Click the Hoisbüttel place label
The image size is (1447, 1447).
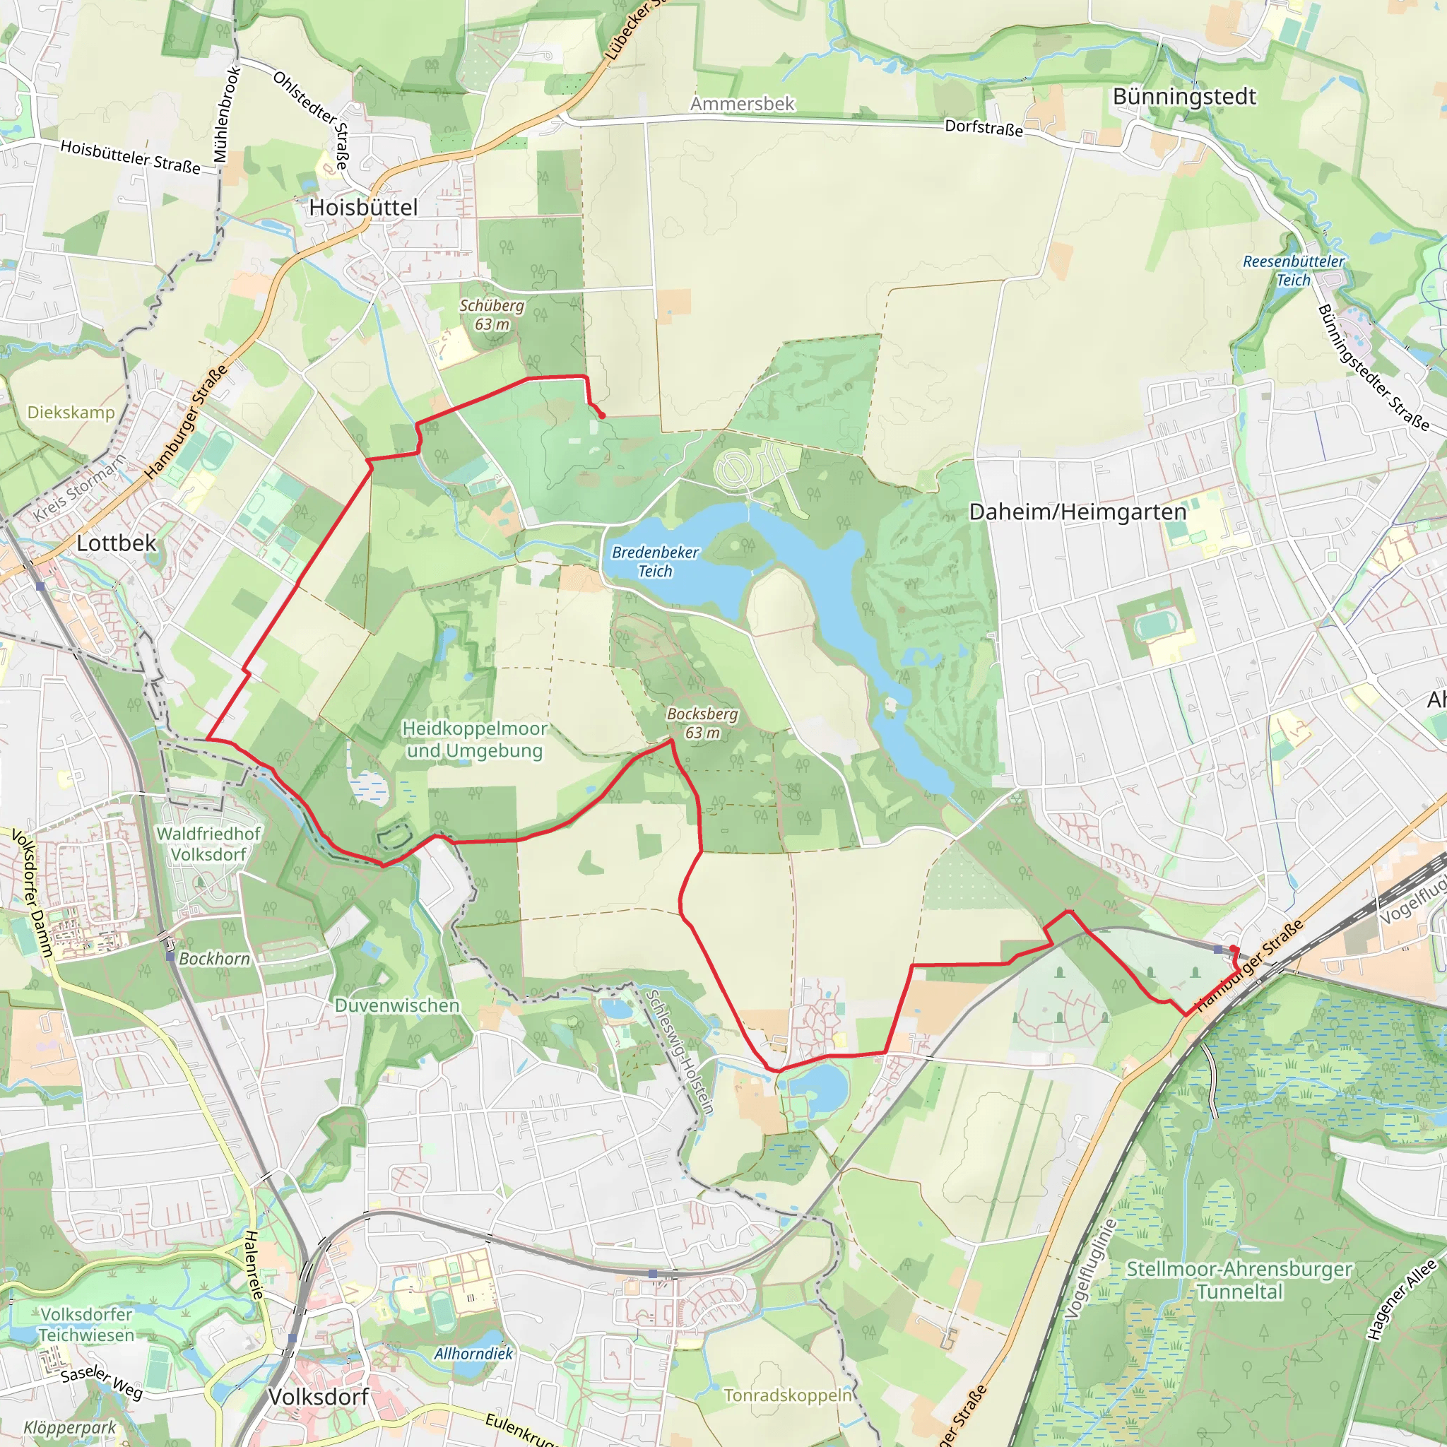pyautogui.click(x=363, y=208)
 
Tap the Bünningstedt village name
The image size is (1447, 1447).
pyautogui.click(x=1184, y=97)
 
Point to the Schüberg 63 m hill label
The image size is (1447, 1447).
pyautogui.click(x=491, y=314)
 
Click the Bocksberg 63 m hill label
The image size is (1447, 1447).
pyautogui.click(x=702, y=723)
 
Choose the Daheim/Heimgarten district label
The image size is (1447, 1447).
pyautogui.click(x=1077, y=512)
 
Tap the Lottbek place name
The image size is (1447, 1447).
pyautogui.click(x=117, y=543)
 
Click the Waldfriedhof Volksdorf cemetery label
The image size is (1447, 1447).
pyautogui.click(x=208, y=844)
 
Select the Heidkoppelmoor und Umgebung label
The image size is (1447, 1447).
pyautogui.click(x=475, y=739)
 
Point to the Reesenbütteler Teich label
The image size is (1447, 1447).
pyautogui.click(x=1294, y=271)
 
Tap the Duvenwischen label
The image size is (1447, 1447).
pyautogui.click(x=397, y=1005)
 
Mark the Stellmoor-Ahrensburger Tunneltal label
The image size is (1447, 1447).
pyautogui.click(x=1239, y=1280)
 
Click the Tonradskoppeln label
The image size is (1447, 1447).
pyautogui.click(x=788, y=1395)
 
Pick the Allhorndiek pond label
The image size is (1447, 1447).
pyautogui.click(x=473, y=1353)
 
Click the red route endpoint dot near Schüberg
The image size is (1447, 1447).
pyautogui.click(x=601, y=415)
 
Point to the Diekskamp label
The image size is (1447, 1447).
pyautogui.click(x=71, y=413)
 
